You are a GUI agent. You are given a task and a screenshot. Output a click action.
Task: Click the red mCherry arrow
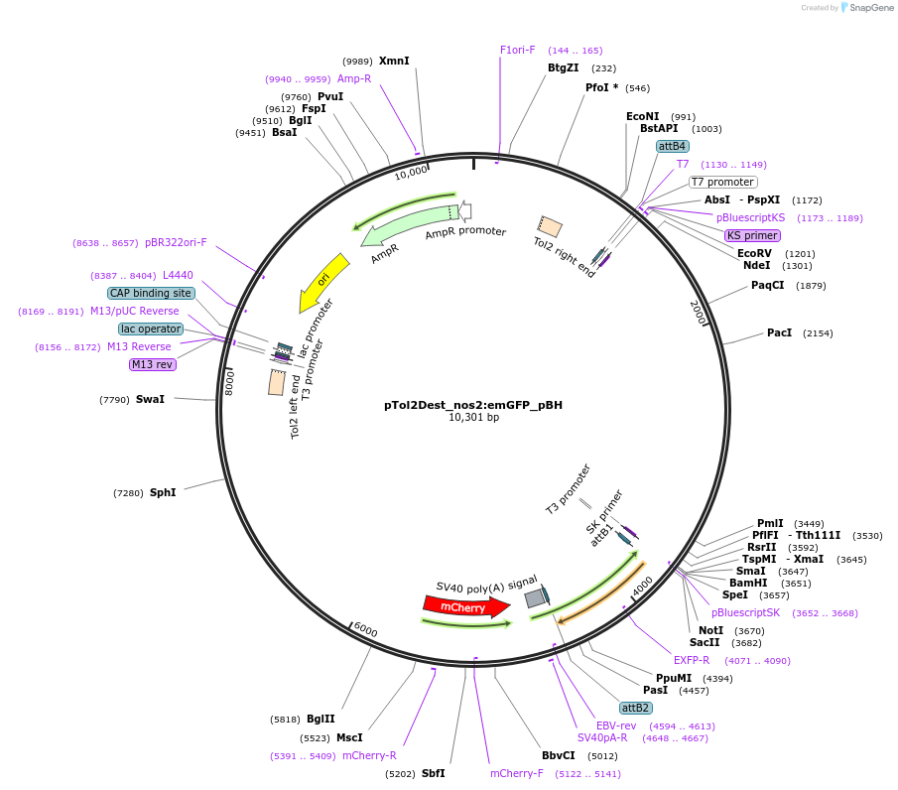coord(466,606)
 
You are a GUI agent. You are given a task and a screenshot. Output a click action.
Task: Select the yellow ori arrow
coord(323,282)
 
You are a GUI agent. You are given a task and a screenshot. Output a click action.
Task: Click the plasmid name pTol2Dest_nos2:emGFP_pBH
coord(473,405)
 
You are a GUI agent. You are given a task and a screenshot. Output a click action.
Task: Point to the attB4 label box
coord(672,146)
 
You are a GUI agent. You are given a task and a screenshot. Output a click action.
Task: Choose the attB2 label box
coord(635,708)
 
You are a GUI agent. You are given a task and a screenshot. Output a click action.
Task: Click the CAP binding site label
coord(151,294)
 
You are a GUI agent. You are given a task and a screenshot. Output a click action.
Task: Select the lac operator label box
coord(151,329)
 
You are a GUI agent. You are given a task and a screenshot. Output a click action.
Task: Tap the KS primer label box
coord(752,235)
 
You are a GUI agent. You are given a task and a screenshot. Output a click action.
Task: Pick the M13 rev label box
coord(153,364)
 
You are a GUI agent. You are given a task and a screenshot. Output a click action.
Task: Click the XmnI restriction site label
coord(394,61)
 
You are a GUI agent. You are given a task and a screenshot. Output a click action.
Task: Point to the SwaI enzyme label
coord(150,399)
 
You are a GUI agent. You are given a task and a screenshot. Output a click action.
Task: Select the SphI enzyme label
coord(163,492)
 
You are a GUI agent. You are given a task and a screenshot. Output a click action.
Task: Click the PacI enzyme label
coord(780,332)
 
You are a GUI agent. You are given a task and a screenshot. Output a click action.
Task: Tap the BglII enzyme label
coord(321,719)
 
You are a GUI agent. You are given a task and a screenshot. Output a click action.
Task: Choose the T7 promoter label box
coord(723,183)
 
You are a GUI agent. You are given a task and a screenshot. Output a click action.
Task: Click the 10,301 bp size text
coord(473,417)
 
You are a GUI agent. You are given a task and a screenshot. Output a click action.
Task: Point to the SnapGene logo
coord(867,8)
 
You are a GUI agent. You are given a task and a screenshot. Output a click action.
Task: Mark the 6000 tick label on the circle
coord(365,629)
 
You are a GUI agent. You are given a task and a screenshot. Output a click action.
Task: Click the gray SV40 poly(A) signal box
coord(536,598)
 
